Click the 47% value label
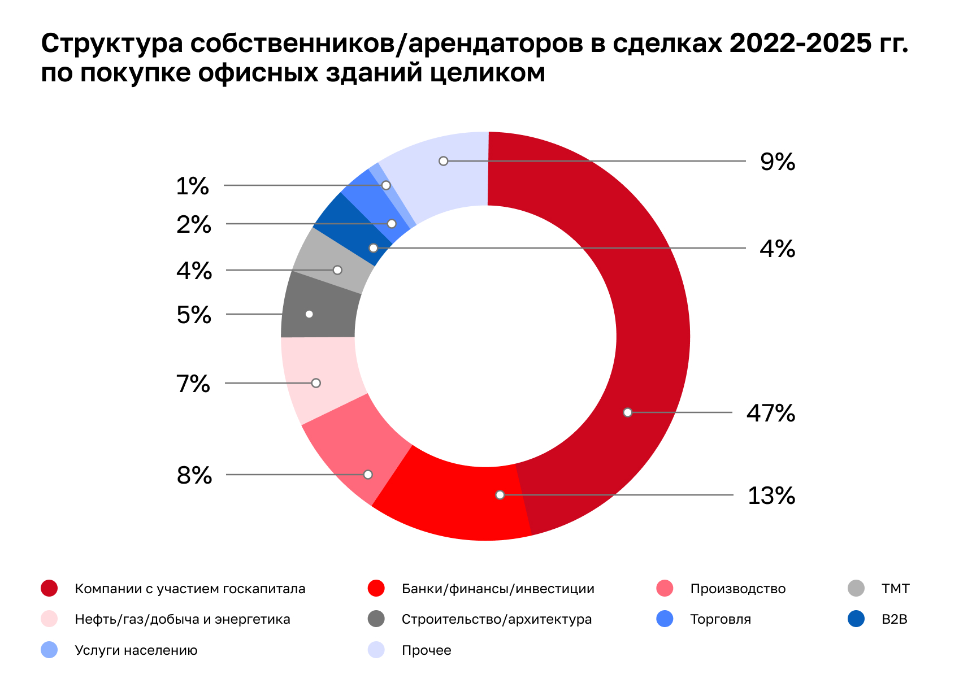point(770,413)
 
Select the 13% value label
point(771,495)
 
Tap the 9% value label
point(777,162)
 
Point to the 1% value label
point(193,186)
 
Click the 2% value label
point(194,224)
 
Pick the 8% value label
point(194,475)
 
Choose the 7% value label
point(193,384)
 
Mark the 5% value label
point(194,315)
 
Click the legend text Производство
point(737,589)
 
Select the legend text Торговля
point(720,619)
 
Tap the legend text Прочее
point(426,650)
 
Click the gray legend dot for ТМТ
point(856,588)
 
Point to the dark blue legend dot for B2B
point(856,619)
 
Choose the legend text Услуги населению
point(136,650)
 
